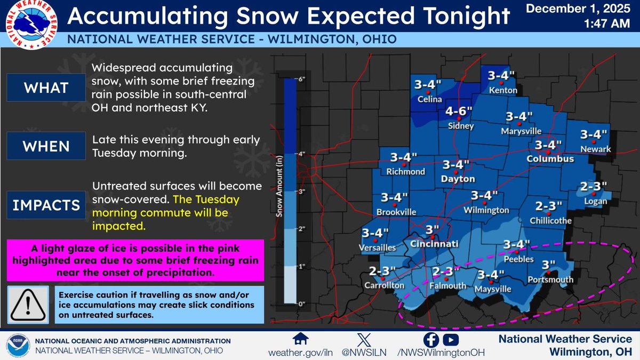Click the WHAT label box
[x=45, y=87]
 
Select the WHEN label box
[x=45, y=146]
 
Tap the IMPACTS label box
[x=45, y=205]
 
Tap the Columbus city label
[x=550, y=159]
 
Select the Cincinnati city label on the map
[x=435, y=244]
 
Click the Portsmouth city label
[x=550, y=279]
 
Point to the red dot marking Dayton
[x=455, y=173]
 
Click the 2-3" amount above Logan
[x=594, y=187]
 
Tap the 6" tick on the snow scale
[x=301, y=79]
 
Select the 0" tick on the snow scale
[x=301, y=304]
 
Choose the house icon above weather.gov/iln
[x=302, y=340]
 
